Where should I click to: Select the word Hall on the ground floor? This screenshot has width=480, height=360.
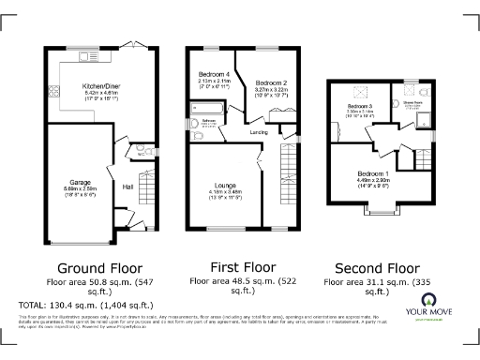click(x=127, y=187)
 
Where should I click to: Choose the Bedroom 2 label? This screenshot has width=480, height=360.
click(x=270, y=83)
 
